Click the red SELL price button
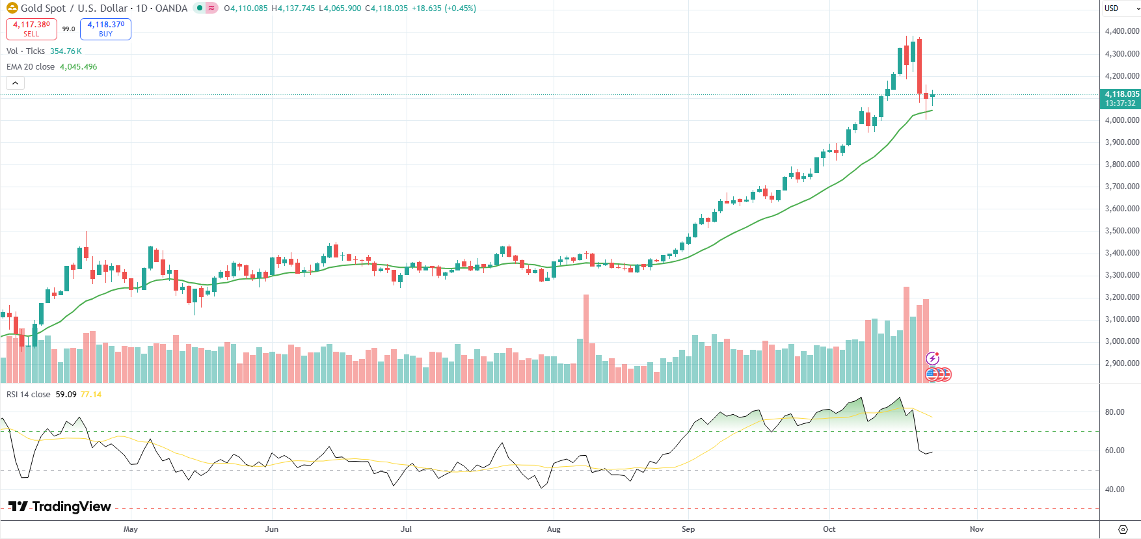click(31, 29)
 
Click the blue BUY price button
click(105, 29)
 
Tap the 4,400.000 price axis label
click(1121, 31)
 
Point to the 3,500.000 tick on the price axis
click(1121, 231)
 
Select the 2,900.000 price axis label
click(1121, 363)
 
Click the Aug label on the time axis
click(554, 529)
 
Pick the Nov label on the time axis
click(976, 529)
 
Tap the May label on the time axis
click(131, 529)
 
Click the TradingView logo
click(60, 506)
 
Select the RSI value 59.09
click(66, 395)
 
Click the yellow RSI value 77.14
click(91, 395)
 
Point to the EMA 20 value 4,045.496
click(78, 67)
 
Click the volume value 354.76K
click(66, 51)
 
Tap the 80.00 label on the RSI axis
click(1114, 412)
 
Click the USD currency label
click(1111, 8)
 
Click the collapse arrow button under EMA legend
click(15, 83)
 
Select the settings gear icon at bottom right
click(1122, 529)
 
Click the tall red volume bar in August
click(586, 338)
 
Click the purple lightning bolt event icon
click(932, 358)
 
